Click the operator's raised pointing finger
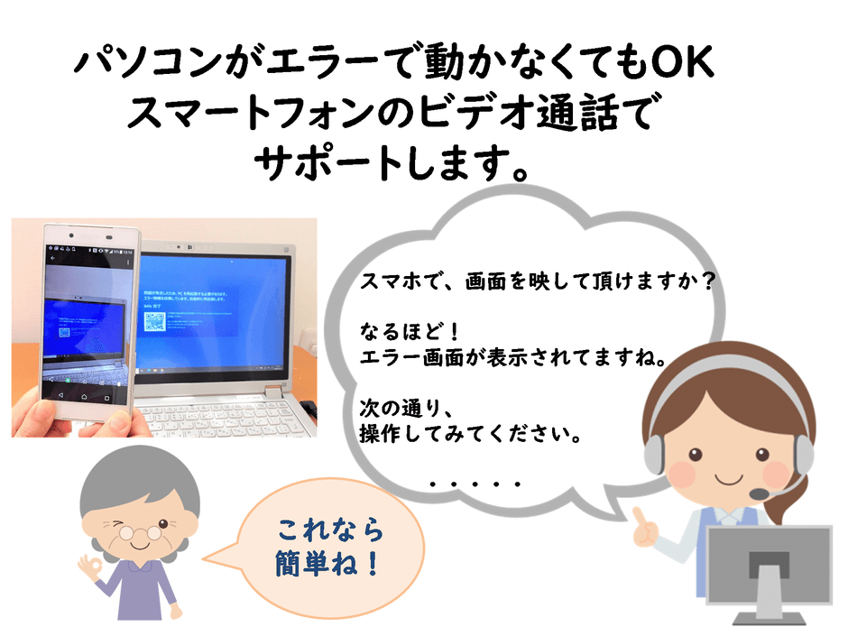638,515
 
